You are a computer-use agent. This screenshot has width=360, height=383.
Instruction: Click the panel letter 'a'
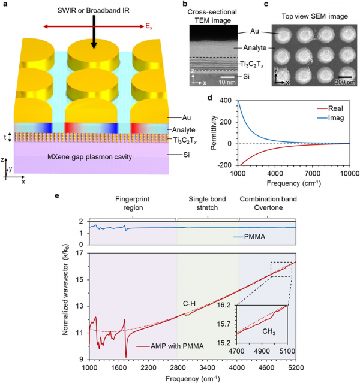[4, 5]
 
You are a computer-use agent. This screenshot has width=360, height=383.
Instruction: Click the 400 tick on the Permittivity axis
[227, 99]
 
